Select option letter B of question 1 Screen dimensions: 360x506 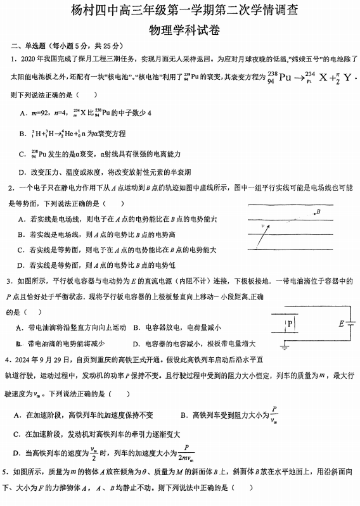point(23,134)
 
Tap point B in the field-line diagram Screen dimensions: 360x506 point(318,212)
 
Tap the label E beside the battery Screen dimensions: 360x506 point(342,324)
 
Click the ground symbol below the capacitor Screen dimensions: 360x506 point(285,347)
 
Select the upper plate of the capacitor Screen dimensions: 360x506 point(288,315)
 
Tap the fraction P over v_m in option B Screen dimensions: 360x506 point(273,414)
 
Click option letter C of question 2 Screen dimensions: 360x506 point(22,250)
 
